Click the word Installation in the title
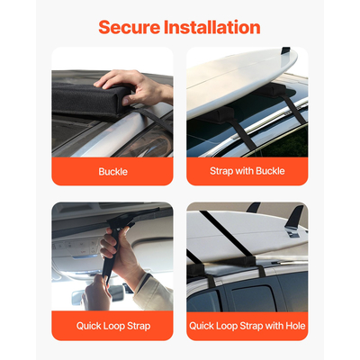(213, 27)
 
